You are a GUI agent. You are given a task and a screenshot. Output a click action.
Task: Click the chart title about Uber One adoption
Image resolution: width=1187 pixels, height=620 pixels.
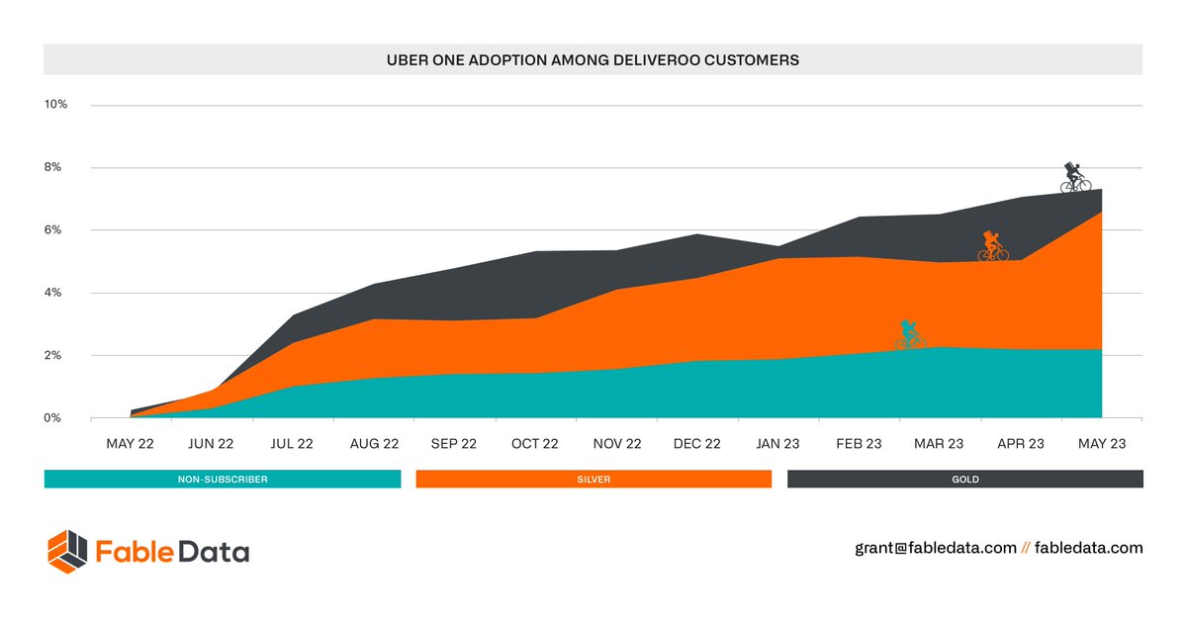pyautogui.click(x=593, y=60)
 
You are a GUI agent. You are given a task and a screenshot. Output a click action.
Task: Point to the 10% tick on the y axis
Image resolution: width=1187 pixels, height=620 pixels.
pyautogui.click(x=55, y=105)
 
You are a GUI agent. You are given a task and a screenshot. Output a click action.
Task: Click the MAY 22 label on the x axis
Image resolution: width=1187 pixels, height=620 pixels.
pyautogui.click(x=131, y=444)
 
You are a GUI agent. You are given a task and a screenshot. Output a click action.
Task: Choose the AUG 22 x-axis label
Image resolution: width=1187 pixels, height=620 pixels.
pyautogui.click(x=373, y=444)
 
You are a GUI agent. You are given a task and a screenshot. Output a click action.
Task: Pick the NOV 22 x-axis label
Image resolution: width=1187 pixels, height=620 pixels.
pyautogui.click(x=615, y=444)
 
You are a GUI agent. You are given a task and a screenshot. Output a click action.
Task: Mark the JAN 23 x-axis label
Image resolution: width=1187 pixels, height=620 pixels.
pyautogui.click(x=777, y=444)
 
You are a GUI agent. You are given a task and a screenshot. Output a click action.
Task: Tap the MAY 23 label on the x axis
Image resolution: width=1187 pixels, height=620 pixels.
pyautogui.click(x=1101, y=444)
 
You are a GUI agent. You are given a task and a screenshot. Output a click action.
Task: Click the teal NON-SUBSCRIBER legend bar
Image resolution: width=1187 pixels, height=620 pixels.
pyautogui.click(x=223, y=480)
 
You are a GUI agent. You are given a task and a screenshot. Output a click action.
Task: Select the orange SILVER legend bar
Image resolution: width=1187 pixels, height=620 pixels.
pyautogui.click(x=593, y=480)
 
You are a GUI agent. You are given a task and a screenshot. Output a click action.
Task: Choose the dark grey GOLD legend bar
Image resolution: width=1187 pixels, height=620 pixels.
pyautogui.click(x=964, y=480)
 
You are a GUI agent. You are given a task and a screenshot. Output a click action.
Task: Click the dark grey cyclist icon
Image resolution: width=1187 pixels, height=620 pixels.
pyautogui.click(x=1075, y=178)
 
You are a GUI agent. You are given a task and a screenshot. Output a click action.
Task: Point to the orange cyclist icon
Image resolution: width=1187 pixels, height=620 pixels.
pyautogui.click(x=993, y=246)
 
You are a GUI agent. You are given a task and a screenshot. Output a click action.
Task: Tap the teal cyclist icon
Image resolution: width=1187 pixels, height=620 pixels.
pyautogui.click(x=910, y=335)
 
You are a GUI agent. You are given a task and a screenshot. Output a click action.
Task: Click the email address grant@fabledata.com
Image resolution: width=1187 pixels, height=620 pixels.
pyautogui.click(x=936, y=548)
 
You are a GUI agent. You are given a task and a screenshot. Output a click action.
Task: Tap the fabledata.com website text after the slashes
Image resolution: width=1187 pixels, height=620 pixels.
pyautogui.click(x=1088, y=548)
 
